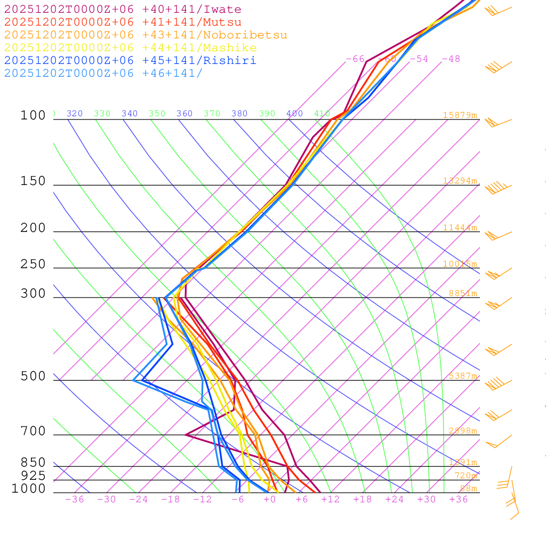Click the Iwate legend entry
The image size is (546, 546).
(123, 10)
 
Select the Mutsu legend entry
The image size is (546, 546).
(123, 22)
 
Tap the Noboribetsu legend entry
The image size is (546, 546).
(146, 35)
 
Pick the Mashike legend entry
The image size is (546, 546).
(130, 48)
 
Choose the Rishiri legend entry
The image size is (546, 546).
(130, 61)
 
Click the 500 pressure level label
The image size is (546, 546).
(33, 376)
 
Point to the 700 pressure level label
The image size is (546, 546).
(33, 431)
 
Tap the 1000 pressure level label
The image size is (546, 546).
(29, 489)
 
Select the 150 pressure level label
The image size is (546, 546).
(33, 181)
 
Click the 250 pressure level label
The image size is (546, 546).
(33, 264)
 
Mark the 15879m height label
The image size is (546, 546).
(460, 115)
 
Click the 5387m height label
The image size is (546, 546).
(462, 376)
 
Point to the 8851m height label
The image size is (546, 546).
(462, 293)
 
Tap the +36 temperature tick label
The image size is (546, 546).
(459, 500)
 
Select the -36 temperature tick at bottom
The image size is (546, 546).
(74, 500)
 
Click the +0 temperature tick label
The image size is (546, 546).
(270, 500)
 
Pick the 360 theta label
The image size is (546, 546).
(184, 114)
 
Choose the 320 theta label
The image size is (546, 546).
(75, 114)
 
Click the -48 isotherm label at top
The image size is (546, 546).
(451, 59)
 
